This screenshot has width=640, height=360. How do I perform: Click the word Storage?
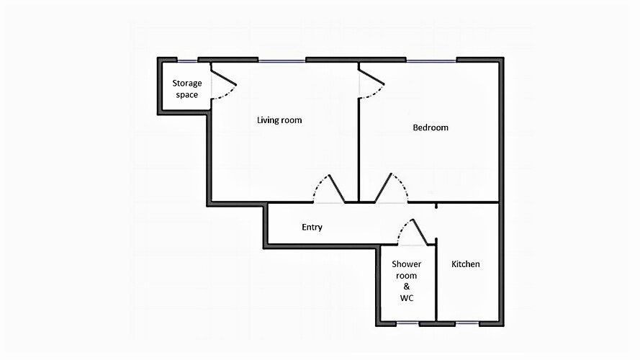[x=187, y=84]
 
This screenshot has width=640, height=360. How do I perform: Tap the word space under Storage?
[x=187, y=95]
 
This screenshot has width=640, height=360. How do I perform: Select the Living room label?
[x=279, y=120]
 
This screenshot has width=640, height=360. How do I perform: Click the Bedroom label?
[x=431, y=127]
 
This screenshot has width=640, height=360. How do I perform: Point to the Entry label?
[x=312, y=228]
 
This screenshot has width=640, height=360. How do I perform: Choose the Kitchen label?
[x=466, y=264]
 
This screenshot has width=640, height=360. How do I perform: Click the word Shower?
[x=407, y=264]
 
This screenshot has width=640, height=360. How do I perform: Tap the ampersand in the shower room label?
[x=407, y=287]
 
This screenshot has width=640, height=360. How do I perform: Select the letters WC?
[x=407, y=298]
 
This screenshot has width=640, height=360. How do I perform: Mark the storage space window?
[x=187, y=61]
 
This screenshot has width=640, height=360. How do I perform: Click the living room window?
[x=282, y=61]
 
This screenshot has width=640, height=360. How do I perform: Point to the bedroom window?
[x=431, y=61]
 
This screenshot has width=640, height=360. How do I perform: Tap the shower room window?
[x=407, y=323]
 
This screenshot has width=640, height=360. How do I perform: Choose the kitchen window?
[x=467, y=323]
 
